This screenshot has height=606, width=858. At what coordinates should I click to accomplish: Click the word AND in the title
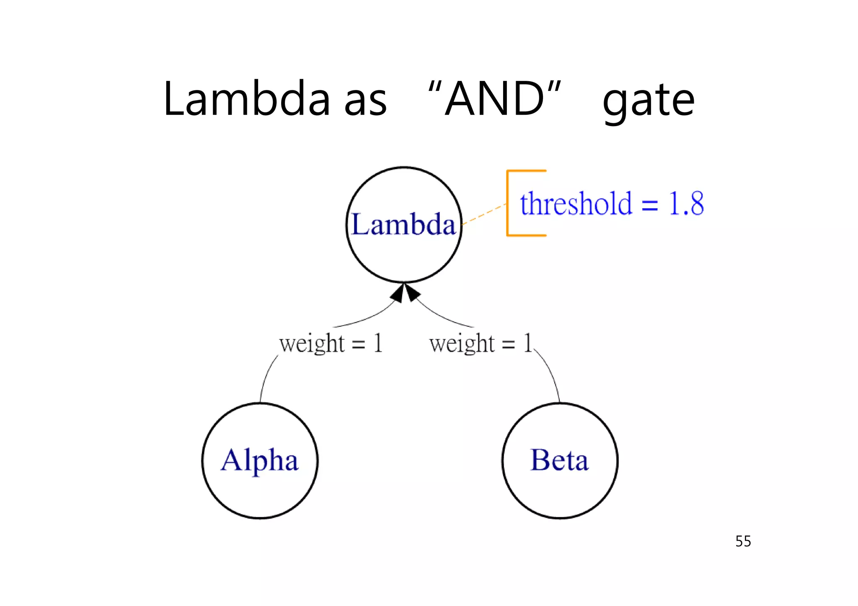point(494,100)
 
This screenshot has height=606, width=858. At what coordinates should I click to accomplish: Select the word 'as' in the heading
point(365,103)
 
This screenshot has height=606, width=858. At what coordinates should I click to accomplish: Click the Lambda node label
point(403,224)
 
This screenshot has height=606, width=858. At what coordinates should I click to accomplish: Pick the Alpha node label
point(259,461)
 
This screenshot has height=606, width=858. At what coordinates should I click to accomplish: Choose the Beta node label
point(559,460)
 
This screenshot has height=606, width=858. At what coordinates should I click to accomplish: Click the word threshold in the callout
point(576,204)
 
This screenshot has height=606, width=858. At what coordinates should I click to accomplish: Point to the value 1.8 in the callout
point(686,204)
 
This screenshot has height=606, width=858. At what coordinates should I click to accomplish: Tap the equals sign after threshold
point(650,205)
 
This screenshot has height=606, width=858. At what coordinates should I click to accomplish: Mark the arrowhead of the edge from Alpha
point(398,294)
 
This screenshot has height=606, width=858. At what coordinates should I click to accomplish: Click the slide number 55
point(743,542)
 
